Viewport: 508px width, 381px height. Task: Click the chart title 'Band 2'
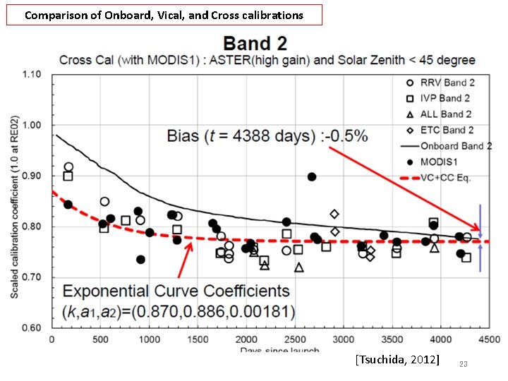tap(255, 43)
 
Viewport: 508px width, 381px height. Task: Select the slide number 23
tap(464, 364)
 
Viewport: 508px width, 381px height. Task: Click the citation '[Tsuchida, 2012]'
tap(398, 361)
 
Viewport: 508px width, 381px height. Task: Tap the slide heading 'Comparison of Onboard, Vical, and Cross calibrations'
tap(164, 15)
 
